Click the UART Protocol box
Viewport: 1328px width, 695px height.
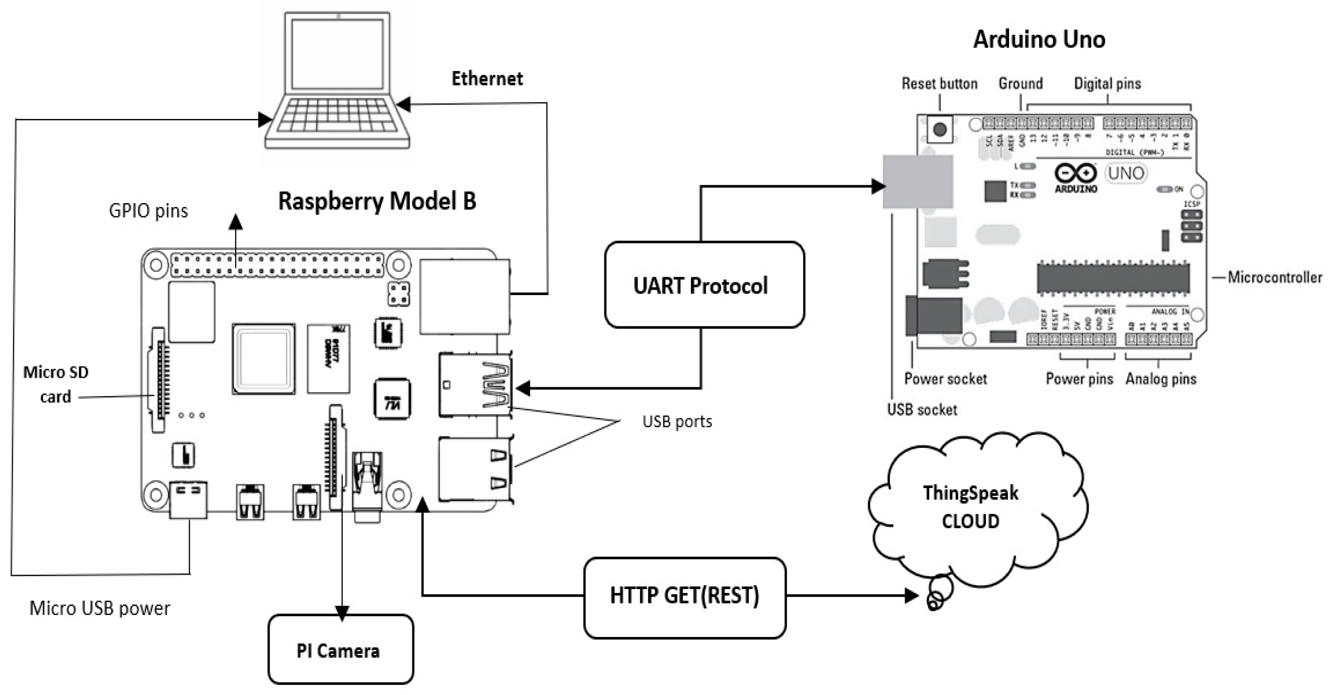704,285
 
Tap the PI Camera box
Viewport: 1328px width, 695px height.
340,650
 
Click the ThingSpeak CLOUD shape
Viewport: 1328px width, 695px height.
971,507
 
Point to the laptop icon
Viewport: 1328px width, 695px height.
338,82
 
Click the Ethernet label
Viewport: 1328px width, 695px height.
487,79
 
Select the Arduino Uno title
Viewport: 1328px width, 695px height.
1039,39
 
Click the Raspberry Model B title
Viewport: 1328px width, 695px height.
377,201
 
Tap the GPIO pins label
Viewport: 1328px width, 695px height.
149,211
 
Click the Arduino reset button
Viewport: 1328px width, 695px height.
939,129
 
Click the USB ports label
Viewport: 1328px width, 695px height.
677,421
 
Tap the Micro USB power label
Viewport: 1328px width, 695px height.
100,608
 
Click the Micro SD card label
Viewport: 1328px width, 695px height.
56,384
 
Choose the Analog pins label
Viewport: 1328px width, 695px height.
1161,379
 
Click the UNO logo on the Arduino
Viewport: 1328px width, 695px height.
1125,173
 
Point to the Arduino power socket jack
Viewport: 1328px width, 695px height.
933,315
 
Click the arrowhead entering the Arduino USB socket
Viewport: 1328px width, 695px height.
878,186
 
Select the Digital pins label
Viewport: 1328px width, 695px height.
1107,84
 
